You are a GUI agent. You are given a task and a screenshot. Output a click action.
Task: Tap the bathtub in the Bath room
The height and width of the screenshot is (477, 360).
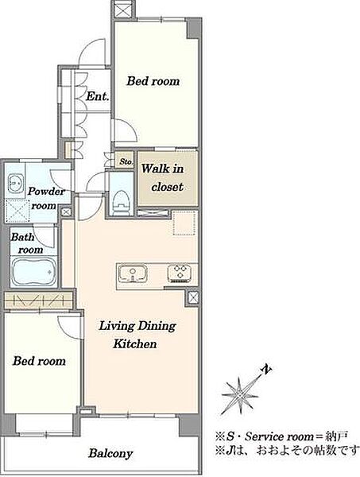pos(33,271)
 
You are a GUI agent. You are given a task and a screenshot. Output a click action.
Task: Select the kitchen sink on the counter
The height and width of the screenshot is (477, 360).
pos(133,273)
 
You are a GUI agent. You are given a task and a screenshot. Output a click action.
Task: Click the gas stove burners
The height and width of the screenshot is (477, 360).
pos(180,273)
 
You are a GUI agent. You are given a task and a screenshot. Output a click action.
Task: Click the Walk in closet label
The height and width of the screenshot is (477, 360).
pos(163,177)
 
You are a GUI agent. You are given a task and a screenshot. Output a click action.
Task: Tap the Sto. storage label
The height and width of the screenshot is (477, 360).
pos(126,161)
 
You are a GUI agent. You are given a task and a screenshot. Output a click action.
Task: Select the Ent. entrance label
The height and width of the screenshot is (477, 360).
pos(97,96)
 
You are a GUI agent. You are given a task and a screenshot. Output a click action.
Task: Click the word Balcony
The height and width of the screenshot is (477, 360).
pos(110,454)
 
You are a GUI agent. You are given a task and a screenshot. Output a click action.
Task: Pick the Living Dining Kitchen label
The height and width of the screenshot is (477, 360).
pos(137,335)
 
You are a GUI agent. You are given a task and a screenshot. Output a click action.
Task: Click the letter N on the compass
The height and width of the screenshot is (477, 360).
pos(266,370)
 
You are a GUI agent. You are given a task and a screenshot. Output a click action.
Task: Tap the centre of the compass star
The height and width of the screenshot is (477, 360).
pos(240,396)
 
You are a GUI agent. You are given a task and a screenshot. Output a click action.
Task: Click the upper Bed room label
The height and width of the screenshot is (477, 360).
pos(153,81)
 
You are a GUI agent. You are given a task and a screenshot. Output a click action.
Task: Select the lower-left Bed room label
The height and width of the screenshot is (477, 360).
pos(39,361)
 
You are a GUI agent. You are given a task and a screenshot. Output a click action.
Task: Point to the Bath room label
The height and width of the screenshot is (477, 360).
pos(27,243)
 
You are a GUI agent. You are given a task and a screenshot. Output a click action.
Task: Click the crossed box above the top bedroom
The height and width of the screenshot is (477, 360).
pos(123,9)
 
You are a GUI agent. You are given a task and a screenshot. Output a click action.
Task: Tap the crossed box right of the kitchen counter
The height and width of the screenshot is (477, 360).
pos(193,297)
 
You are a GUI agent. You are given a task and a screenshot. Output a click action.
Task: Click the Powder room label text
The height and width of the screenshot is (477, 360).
pos(45,198)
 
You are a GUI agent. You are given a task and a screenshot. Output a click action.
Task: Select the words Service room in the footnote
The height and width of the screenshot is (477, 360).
pos(279,436)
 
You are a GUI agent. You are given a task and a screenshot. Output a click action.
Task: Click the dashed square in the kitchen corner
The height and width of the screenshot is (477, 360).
pos(184,223)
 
